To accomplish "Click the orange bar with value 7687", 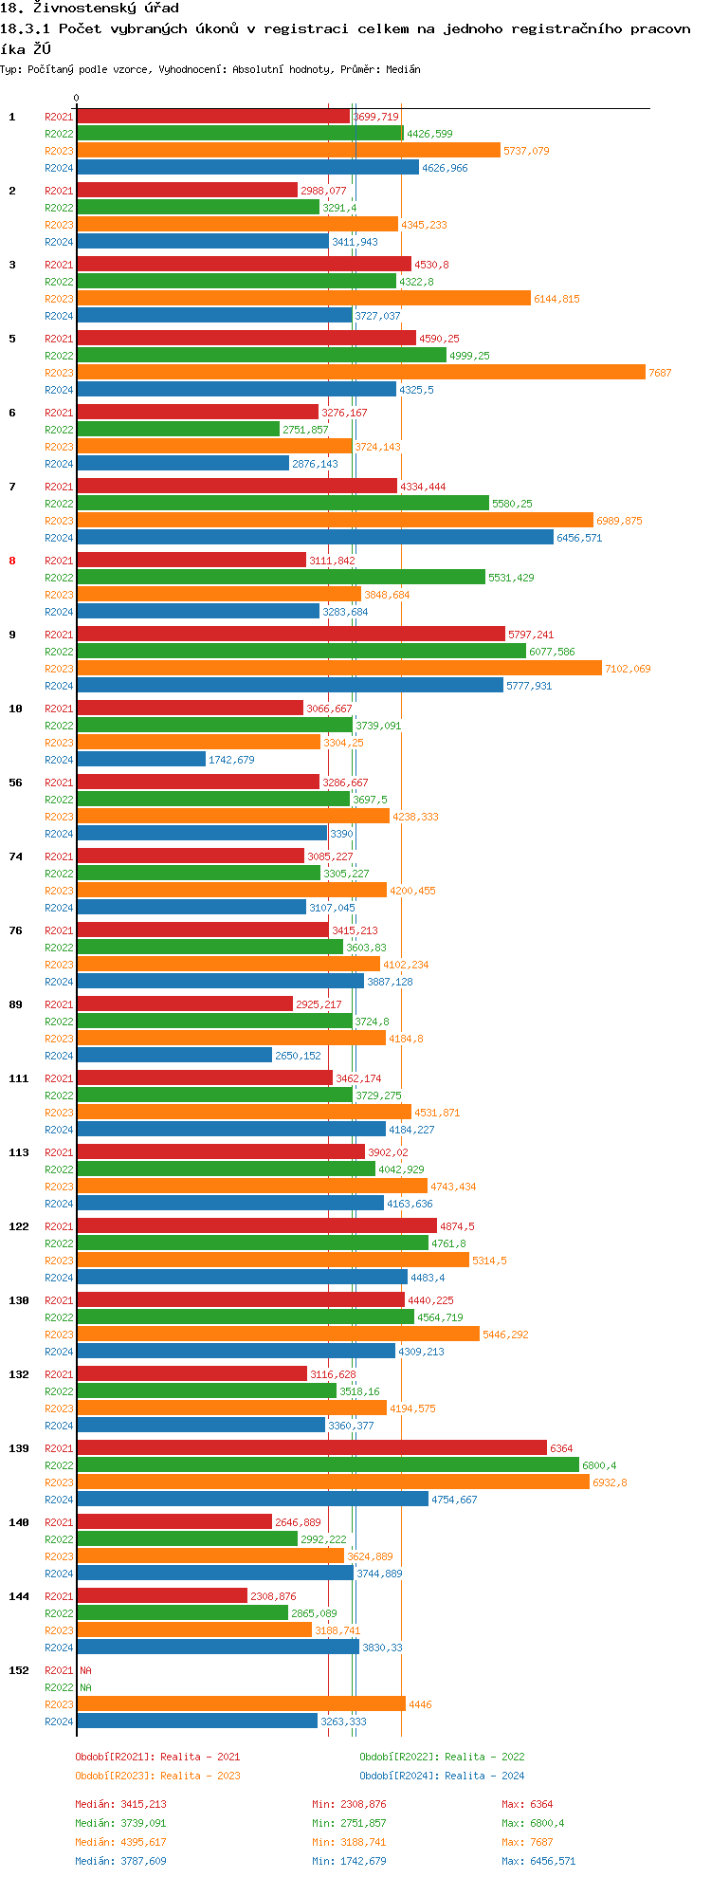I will click(360, 373).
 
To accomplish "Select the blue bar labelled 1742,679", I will click(140, 760).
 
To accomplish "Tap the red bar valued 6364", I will click(311, 1448).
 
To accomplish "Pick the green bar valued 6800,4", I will click(327, 1465).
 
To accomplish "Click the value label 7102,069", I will click(628, 669).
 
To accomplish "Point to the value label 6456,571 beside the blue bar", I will click(579, 538).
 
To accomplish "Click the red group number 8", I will click(12, 561).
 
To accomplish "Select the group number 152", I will click(18, 1670).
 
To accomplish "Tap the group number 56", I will click(15, 782).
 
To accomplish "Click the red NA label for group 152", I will click(85, 1670).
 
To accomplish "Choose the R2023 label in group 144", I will click(59, 1630).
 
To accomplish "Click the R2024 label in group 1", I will click(59, 168).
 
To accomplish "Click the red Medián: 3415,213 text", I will click(120, 1804).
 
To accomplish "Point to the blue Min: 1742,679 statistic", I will click(349, 1861).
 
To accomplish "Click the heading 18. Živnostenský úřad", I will click(89, 8).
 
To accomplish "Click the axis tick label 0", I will click(76, 98).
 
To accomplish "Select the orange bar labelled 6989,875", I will click(335, 521).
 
